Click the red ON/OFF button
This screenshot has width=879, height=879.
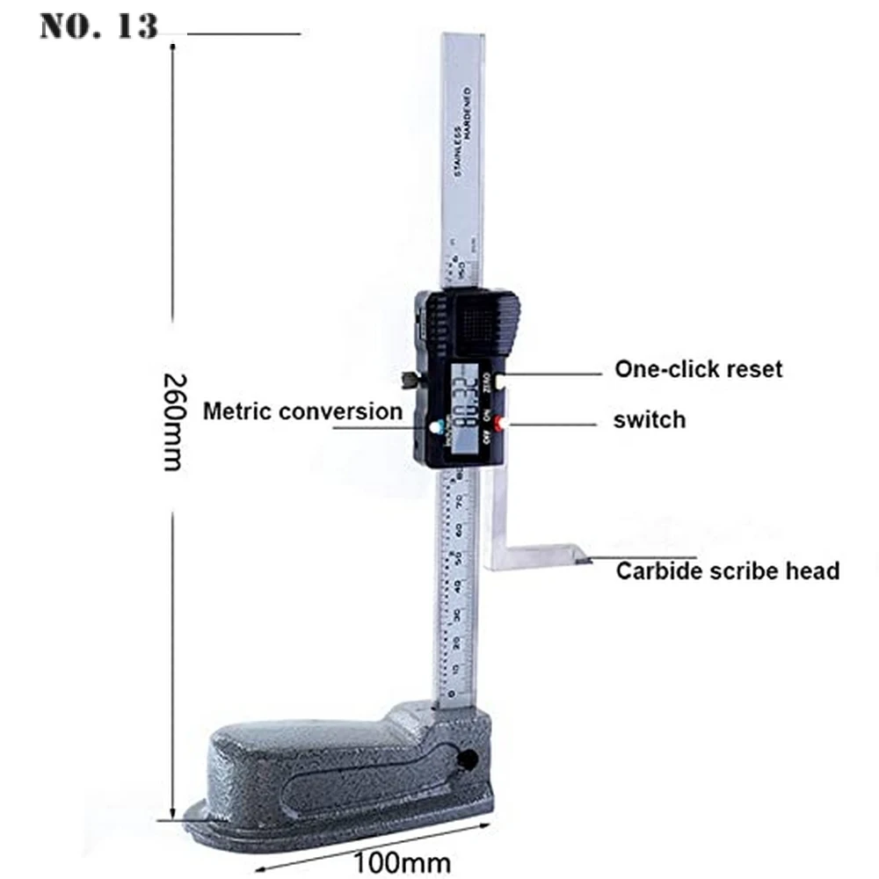(500, 425)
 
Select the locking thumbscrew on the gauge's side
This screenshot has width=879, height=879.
(409, 380)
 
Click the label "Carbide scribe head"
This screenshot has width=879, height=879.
(727, 571)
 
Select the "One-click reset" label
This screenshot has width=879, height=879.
(698, 368)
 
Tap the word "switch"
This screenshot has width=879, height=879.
(649, 419)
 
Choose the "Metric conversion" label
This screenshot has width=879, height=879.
(302, 410)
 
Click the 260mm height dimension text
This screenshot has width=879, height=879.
(173, 422)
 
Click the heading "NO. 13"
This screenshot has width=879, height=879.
(98, 26)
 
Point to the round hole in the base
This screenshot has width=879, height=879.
(467, 758)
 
